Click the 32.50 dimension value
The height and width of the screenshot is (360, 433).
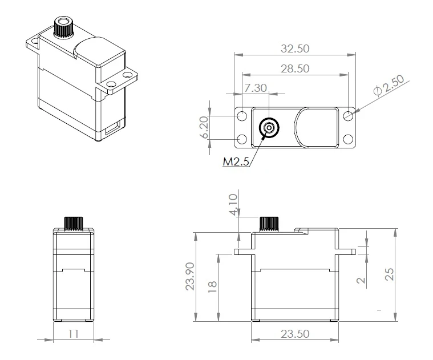click(296, 49)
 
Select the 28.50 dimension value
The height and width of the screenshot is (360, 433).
click(295, 68)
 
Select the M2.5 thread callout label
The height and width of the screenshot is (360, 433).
click(236, 161)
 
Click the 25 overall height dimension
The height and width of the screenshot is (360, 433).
click(390, 274)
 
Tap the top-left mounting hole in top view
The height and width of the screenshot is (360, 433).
click(242, 116)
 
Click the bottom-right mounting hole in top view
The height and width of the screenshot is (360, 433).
click(349, 139)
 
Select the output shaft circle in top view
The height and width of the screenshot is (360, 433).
click(268, 128)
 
